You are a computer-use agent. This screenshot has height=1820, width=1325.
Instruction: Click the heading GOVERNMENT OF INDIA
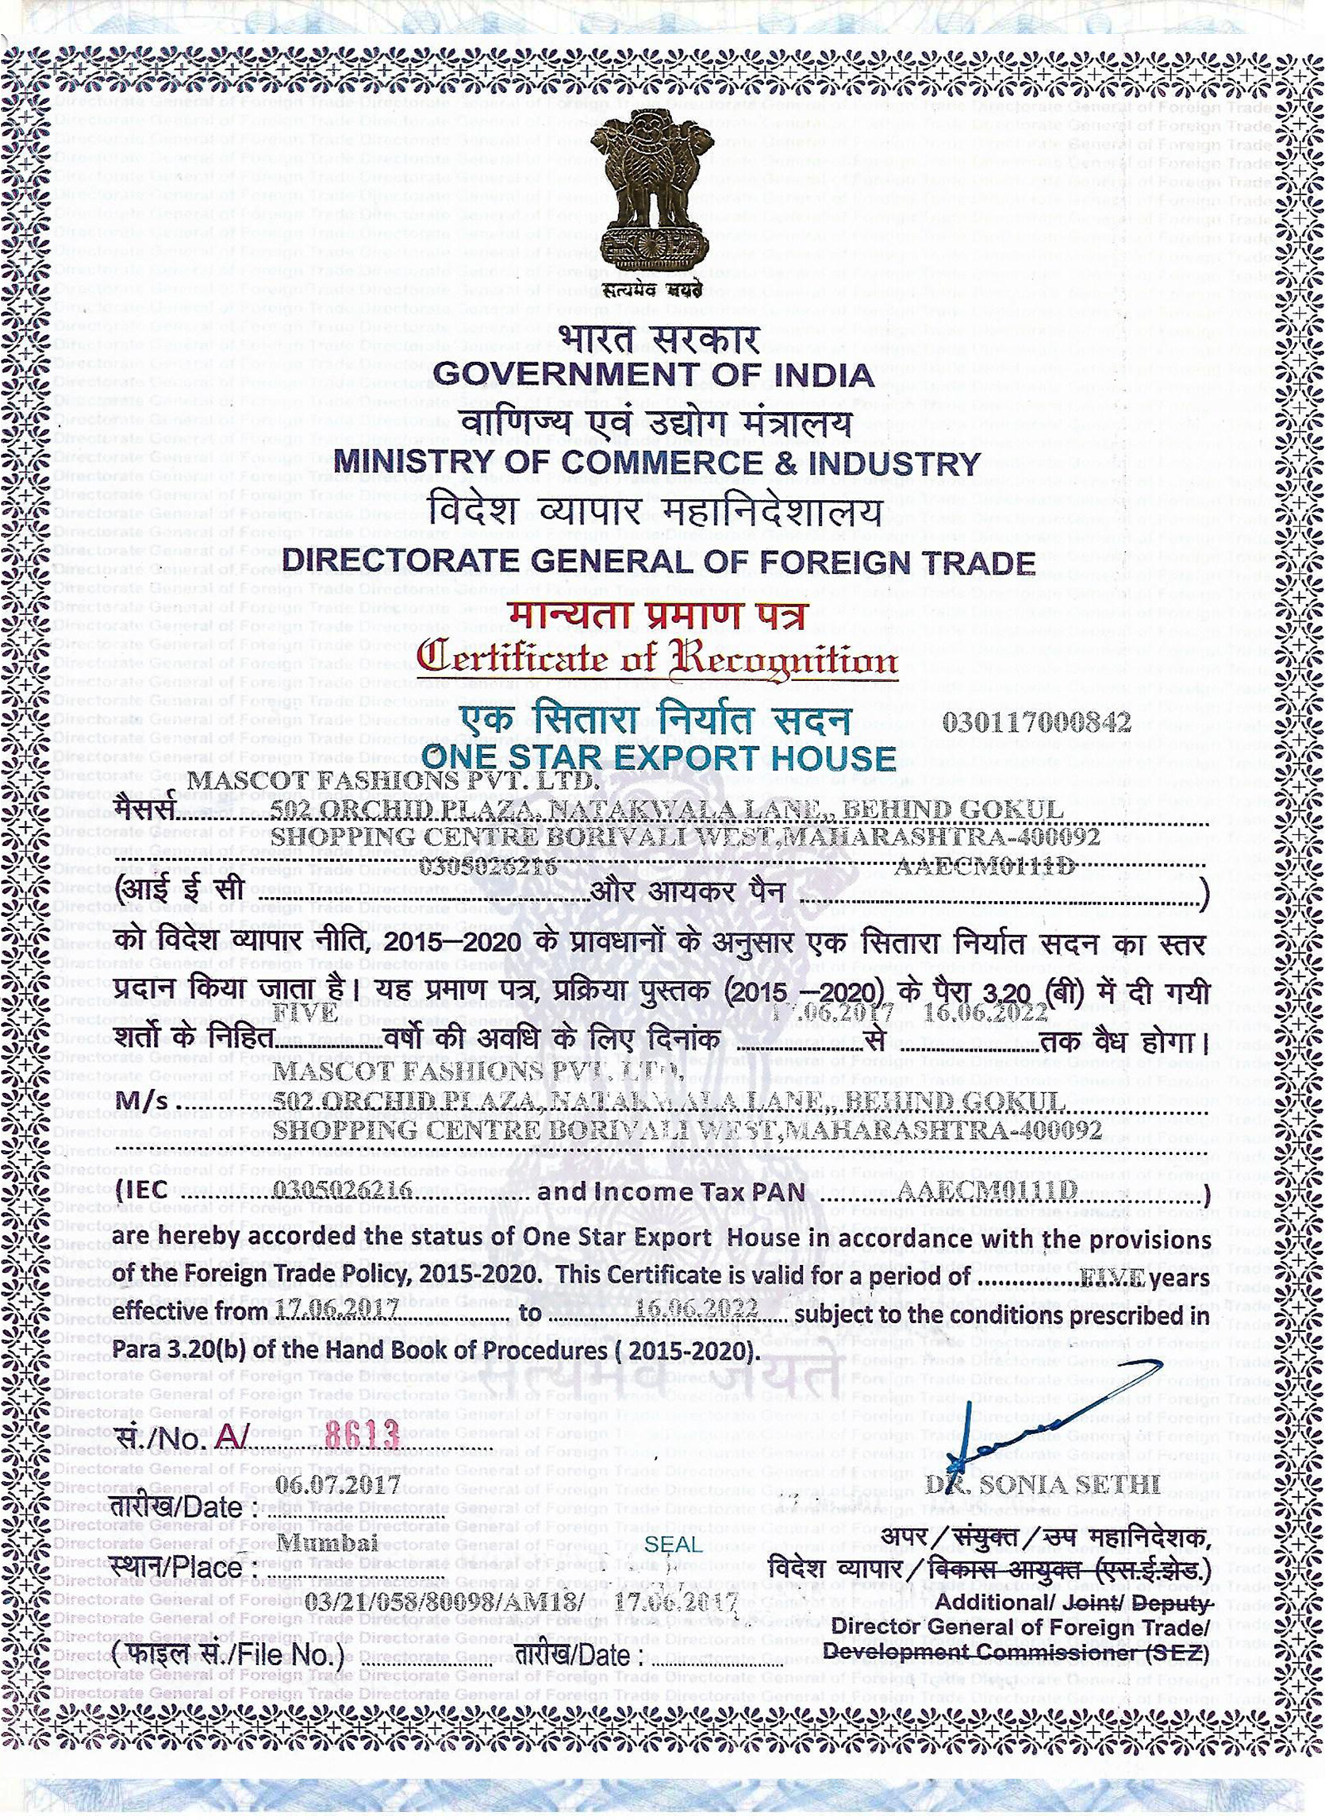(x=653, y=375)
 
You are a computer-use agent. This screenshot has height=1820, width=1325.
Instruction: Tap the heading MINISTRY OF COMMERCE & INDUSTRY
(x=657, y=463)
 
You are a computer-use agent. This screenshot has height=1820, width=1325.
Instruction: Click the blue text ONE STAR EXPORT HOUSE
(x=659, y=758)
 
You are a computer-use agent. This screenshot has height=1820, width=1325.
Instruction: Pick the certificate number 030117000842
(x=1036, y=723)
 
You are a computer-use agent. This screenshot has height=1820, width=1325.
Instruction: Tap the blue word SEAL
(x=673, y=1544)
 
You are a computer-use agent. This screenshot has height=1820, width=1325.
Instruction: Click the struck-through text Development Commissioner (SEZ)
(x=1016, y=1653)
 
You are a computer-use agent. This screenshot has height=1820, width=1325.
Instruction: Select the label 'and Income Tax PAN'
(x=670, y=1192)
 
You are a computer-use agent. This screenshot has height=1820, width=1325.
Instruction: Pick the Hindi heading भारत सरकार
(x=658, y=338)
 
